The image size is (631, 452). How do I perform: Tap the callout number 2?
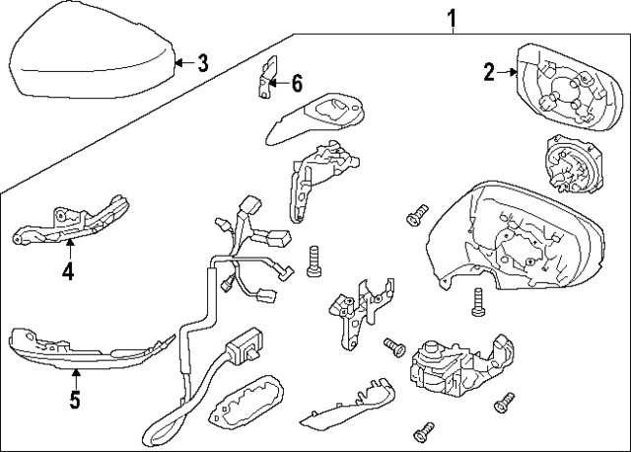coord(488,70)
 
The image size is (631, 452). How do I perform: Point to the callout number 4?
coord(67,269)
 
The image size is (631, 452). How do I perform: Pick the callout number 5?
coord(75,402)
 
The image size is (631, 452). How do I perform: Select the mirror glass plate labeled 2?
coord(562,90)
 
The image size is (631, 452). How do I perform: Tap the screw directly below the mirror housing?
coord(478,300)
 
